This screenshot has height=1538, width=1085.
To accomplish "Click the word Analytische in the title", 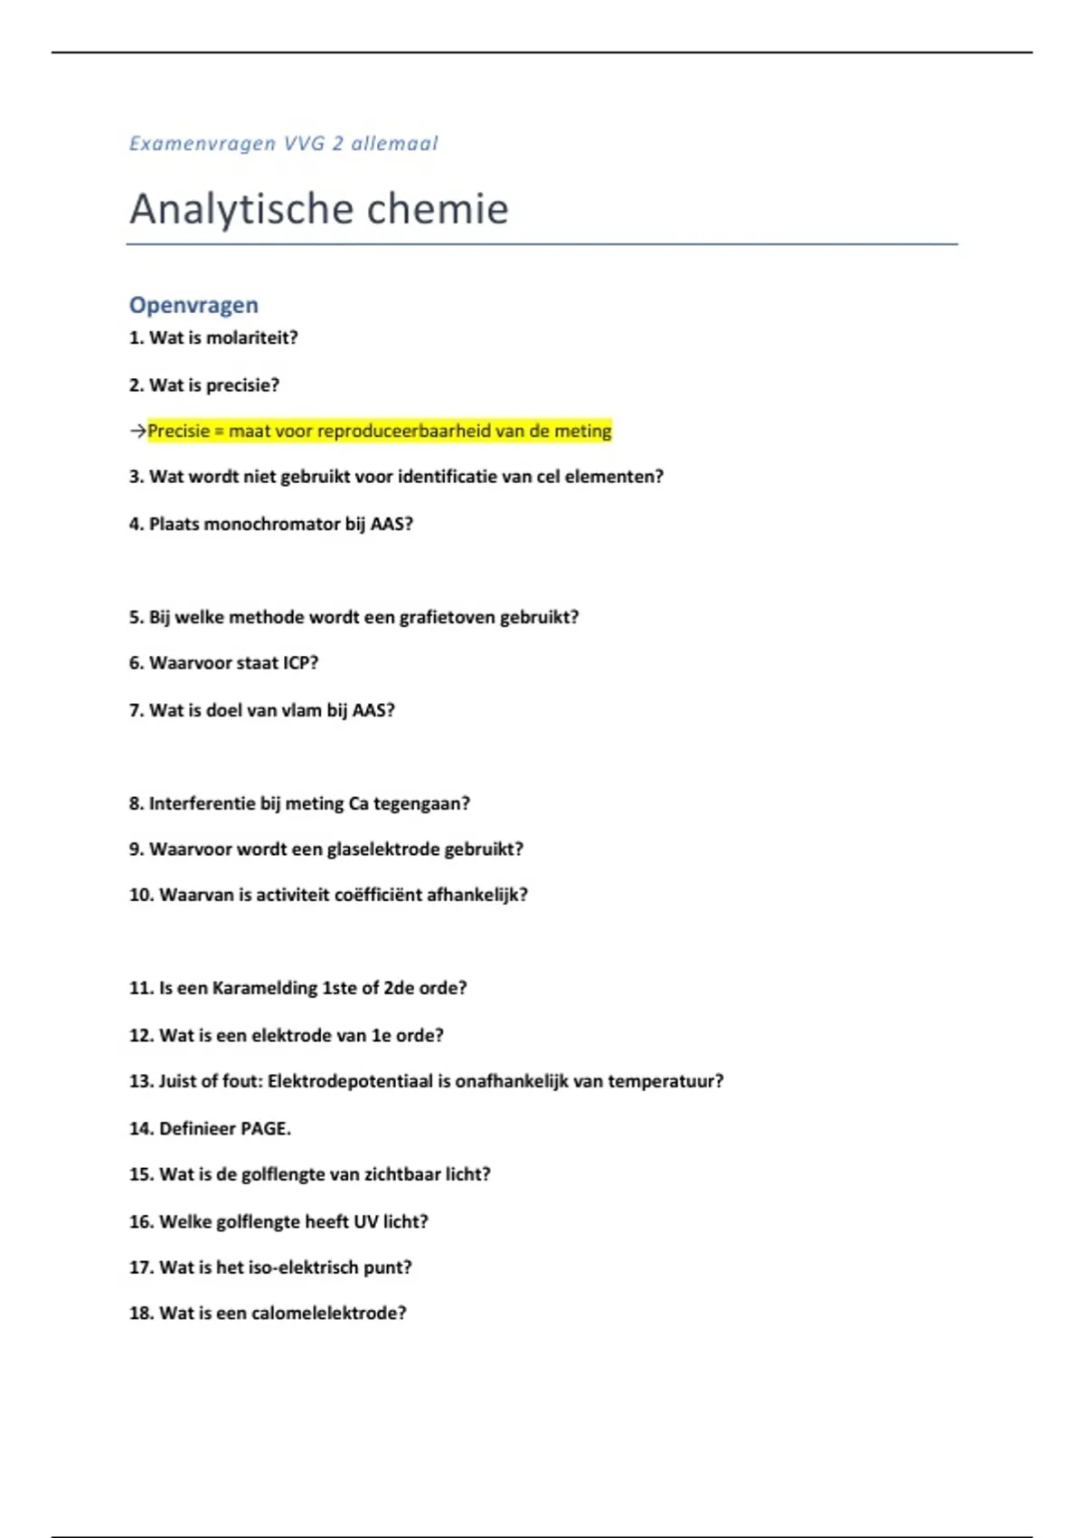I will [234, 210].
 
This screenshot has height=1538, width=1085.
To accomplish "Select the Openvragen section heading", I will [193, 305].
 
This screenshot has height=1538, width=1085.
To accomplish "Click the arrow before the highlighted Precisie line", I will [137, 432].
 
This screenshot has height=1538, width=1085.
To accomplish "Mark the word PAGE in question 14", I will [264, 1129].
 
